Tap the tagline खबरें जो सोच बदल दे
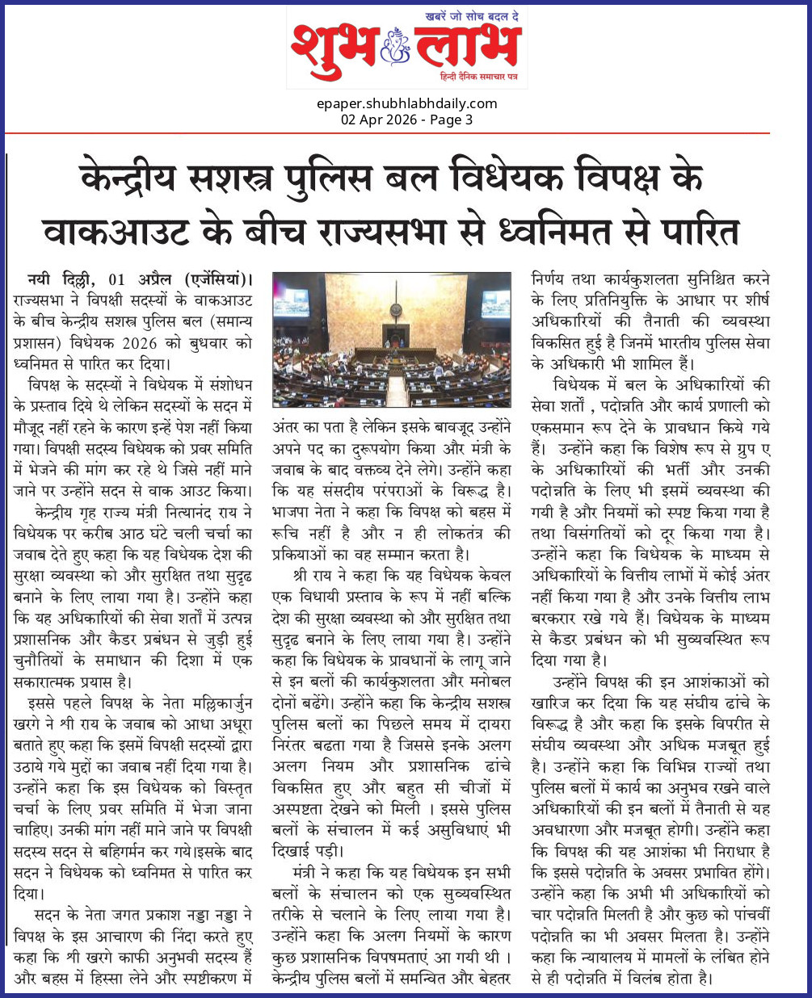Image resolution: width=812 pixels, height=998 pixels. (x=471, y=17)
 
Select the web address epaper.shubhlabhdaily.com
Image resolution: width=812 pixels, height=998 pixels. (x=406, y=103)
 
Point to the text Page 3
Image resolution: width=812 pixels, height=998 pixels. (x=452, y=120)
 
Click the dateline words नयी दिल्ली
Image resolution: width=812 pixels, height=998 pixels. (x=61, y=279)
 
